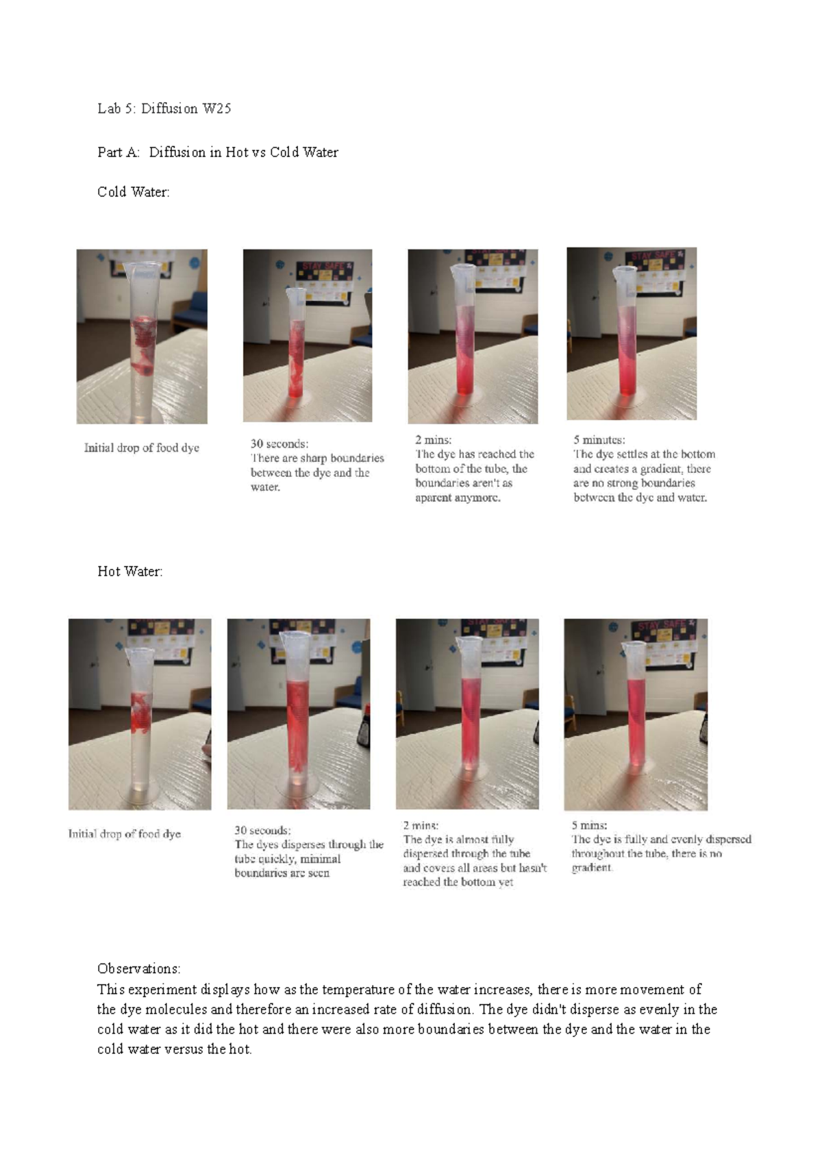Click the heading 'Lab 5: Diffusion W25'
pyautogui.click(x=164, y=108)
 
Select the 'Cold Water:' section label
pyautogui.click(x=133, y=192)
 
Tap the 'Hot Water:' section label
pyautogui.click(x=129, y=572)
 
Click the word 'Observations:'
pyautogui.click(x=138, y=968)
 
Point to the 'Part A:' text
pyautogui.click(x=119, y=152)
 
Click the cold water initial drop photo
pyautogui.click(x=142, y=336)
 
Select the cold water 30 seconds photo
pyautogui.click(x=308, y=335)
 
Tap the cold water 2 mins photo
pyautogui.click(x=473, y=336)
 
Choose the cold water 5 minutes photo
pyautogui.click(x=632, y=334)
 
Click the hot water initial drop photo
pyautogui.click(x=140, y=714)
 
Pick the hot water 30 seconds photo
pyautogui.click(x=299, y=714)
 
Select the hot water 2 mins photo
pyautogui.click(x=467, y=714)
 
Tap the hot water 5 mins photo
pyautogui.click(x=636, y=714)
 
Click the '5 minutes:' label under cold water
pyautogui.click(x=599, y=440)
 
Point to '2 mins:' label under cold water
pyautogui.click(x=433, y=440)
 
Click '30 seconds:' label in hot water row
pyautogui.click(x=262, y=830)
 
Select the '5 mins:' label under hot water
pyautogui.click(x=589, y=825)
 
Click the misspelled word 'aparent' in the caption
pyautogui.click(x=433, y=498)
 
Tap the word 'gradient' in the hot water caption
pyautogui.click(x=591, y=868)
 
